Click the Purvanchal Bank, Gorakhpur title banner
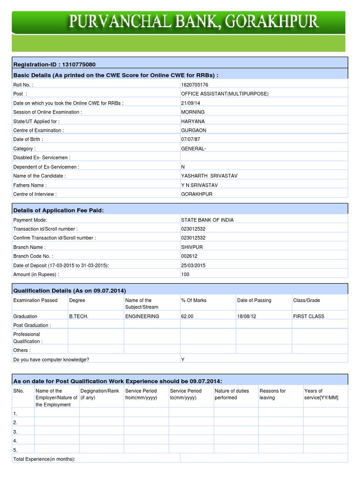(194, 22)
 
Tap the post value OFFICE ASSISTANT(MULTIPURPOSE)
(225, 94)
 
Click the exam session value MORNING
(193, 112)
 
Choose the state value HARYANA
(193, 121)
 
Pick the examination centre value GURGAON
(193, 130)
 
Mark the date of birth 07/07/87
(191, 139)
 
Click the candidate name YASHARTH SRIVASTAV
(210, 176)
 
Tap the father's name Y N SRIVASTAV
(199, 185)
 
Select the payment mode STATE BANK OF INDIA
(207, 220)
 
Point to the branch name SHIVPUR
(192, 247)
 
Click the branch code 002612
(190, 256)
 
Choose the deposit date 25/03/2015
(193, 265)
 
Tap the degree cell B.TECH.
(79, 316)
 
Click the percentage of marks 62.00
(187, 316)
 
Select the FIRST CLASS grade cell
(308, 316)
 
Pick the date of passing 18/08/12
(247, 316)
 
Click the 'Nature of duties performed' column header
(232, 394)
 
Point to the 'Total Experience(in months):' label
(45, 459)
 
